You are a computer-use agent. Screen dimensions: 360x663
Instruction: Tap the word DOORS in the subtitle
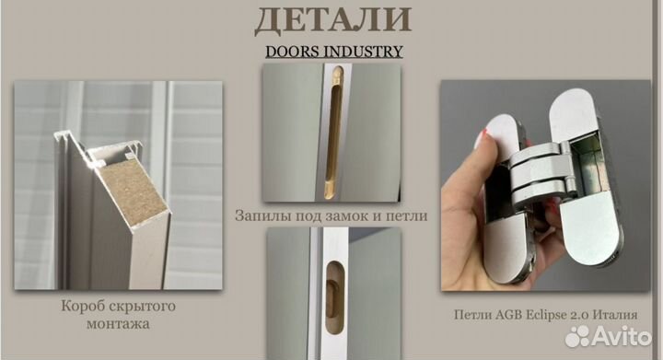click(x=293, y=51)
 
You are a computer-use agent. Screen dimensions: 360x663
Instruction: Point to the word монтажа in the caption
click(x=119, y=323)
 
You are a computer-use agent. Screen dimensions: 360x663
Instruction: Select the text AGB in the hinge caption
click(x=509, y=313)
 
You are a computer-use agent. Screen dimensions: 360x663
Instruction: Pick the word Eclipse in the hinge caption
click(x=550, y=313)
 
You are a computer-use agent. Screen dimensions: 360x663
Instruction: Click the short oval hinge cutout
click(x=331, y=276)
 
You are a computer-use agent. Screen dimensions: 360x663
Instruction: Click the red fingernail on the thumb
click(x=485, y=139)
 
